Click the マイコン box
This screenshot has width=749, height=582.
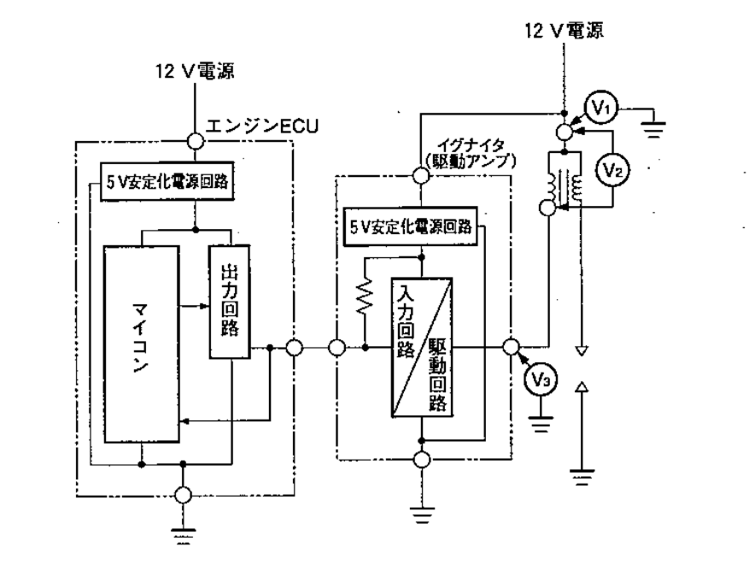tap(141, 344)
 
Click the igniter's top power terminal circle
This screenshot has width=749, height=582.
tap(420, 176)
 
